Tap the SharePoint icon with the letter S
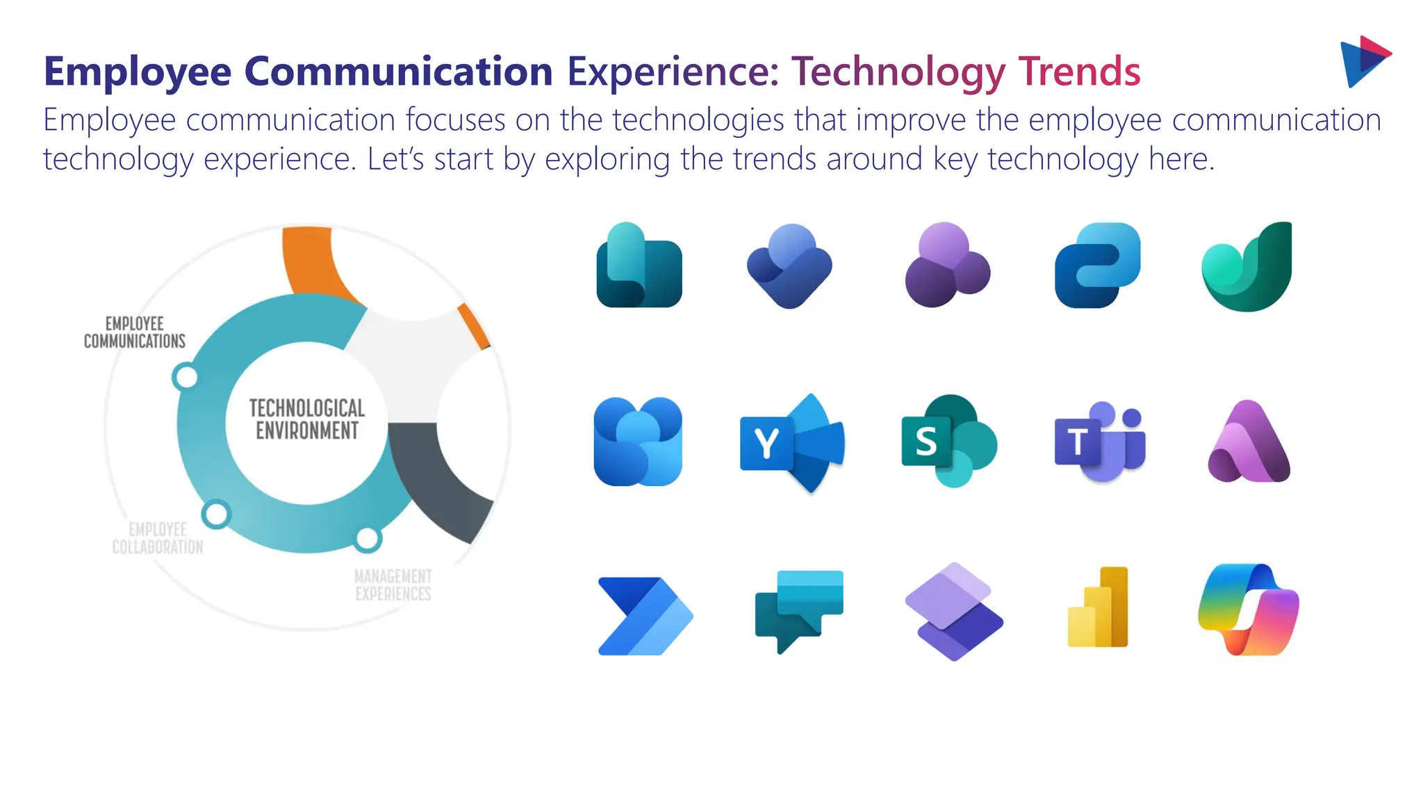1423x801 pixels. pos(948,441)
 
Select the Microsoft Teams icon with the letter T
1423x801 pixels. pos(1100,442)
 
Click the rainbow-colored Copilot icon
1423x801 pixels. pos(1249,610)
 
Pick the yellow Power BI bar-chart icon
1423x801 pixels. pos(1099,608)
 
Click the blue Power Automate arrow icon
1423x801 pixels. pos(644,615)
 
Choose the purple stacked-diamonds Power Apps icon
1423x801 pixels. pos(954,611)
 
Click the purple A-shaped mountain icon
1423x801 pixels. pos(1249,443)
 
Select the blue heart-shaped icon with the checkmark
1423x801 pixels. pos(790,266)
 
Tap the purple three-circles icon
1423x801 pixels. pos(947,266)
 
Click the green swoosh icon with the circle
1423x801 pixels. pos(1247,268)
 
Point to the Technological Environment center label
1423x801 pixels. pos(306,419)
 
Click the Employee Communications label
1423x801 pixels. pos(135,332)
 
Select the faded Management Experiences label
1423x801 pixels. pos(393,585)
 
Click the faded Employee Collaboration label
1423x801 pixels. pos(158,538)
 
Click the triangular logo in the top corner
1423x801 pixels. pos(1363,61)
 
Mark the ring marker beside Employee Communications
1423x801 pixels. pos(186,377)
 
